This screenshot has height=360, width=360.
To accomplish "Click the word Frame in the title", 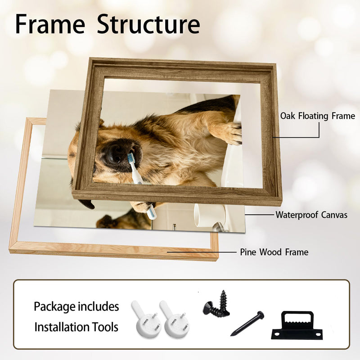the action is pos(50,24).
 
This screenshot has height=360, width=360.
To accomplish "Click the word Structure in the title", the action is pos(148,24).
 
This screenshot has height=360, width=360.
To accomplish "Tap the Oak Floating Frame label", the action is pos(318,116).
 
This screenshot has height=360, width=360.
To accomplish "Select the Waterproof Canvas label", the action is pos(311,215).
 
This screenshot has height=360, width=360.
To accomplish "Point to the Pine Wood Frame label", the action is pos(274,252).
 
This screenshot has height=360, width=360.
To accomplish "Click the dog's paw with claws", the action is pos(231,133).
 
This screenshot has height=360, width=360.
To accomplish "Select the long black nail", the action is pos(247,323).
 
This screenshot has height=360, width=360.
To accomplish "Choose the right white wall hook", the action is pos(175,319).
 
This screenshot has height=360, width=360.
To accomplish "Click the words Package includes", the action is pos(76,306).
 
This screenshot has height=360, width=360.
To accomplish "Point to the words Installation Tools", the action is pos(76,327).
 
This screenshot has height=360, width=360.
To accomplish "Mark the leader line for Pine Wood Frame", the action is pos(202,252).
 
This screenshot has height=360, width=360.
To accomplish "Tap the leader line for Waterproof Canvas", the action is pos(260,215).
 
